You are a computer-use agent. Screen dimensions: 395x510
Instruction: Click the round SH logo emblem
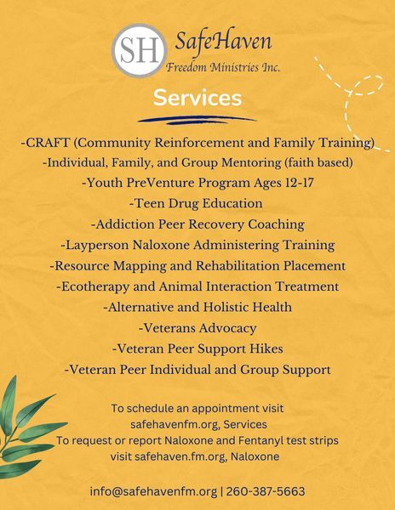point(140,50)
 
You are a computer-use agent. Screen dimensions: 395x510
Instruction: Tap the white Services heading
point(197,98)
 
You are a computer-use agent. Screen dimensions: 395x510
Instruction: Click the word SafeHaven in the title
point(223,42)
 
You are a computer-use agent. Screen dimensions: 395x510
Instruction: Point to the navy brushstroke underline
point(197,120)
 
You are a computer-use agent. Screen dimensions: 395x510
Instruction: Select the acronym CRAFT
point(48,143)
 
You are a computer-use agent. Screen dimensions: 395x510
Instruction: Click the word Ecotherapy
point(95,287)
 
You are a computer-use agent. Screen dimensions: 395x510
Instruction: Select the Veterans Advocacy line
point(197,328)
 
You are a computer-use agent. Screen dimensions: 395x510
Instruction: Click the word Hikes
point(266,348)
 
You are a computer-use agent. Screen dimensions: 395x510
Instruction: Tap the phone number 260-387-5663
point(266,491)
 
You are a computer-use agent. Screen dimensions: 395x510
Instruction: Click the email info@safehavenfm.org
point(153,491)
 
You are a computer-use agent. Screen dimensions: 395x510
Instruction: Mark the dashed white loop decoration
point(352,104)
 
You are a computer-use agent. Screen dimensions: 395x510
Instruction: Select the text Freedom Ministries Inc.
point(223,67)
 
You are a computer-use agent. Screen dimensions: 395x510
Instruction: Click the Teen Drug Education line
point(196,204)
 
